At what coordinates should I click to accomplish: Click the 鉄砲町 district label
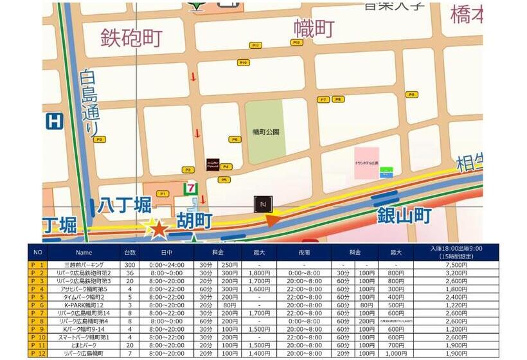(131, 37)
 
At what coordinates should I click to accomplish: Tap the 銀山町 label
(404, 215)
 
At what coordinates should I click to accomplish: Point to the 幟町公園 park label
(266, 132)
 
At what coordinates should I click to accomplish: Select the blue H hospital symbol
(55, 121)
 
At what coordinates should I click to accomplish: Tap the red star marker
(158, 229)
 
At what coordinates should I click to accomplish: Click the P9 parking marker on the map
(411, 94)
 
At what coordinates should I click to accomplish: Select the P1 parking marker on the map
(163, 194)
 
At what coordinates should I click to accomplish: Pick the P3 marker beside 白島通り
(98, 139)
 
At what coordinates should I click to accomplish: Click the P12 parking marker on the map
(296, 42)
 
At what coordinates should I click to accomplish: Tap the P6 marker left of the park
(234, 139)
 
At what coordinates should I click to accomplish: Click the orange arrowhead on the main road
(273, 221)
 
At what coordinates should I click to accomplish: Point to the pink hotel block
(366, 163)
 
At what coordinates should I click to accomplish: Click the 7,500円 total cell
(455, 264)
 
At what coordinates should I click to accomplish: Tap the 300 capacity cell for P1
(130, 264)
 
